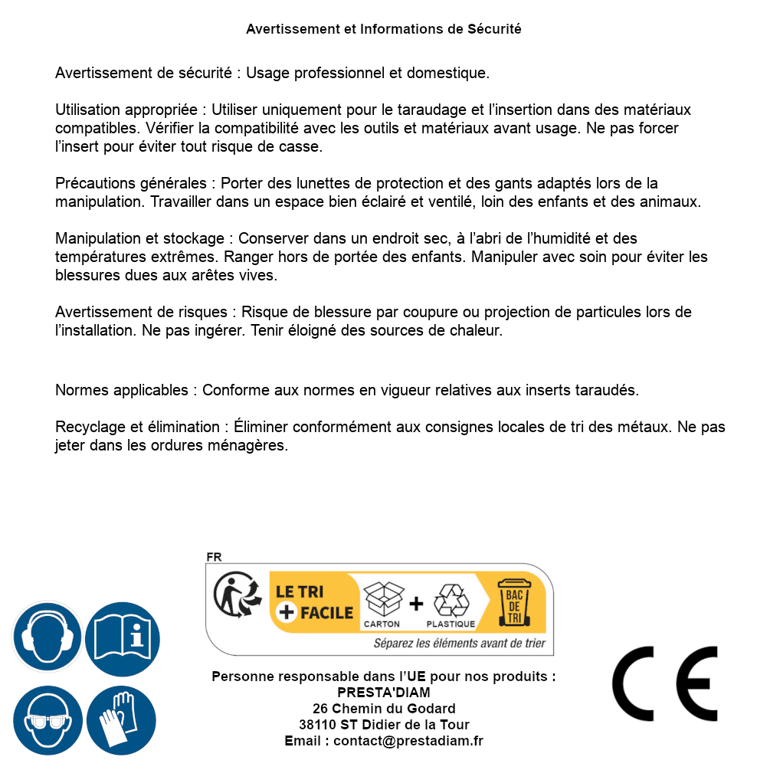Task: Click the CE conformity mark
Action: pyautogui.click(x=665, y=684)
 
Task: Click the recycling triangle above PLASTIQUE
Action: pyautogui.click(x=451, y=600)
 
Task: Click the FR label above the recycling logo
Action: pyautogui.click(x=214, y=558)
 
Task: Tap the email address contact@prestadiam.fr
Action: pyautogui.click(x=408, y=741)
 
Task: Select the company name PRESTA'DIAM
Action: pyautogui.click(x=384, y=693)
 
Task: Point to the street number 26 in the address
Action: pyautogui.click(x=320, y=709)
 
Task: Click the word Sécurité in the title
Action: pyautogui.click(x=494, y=29)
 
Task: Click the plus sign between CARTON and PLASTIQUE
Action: pyautogui.click(x=416, y=604)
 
